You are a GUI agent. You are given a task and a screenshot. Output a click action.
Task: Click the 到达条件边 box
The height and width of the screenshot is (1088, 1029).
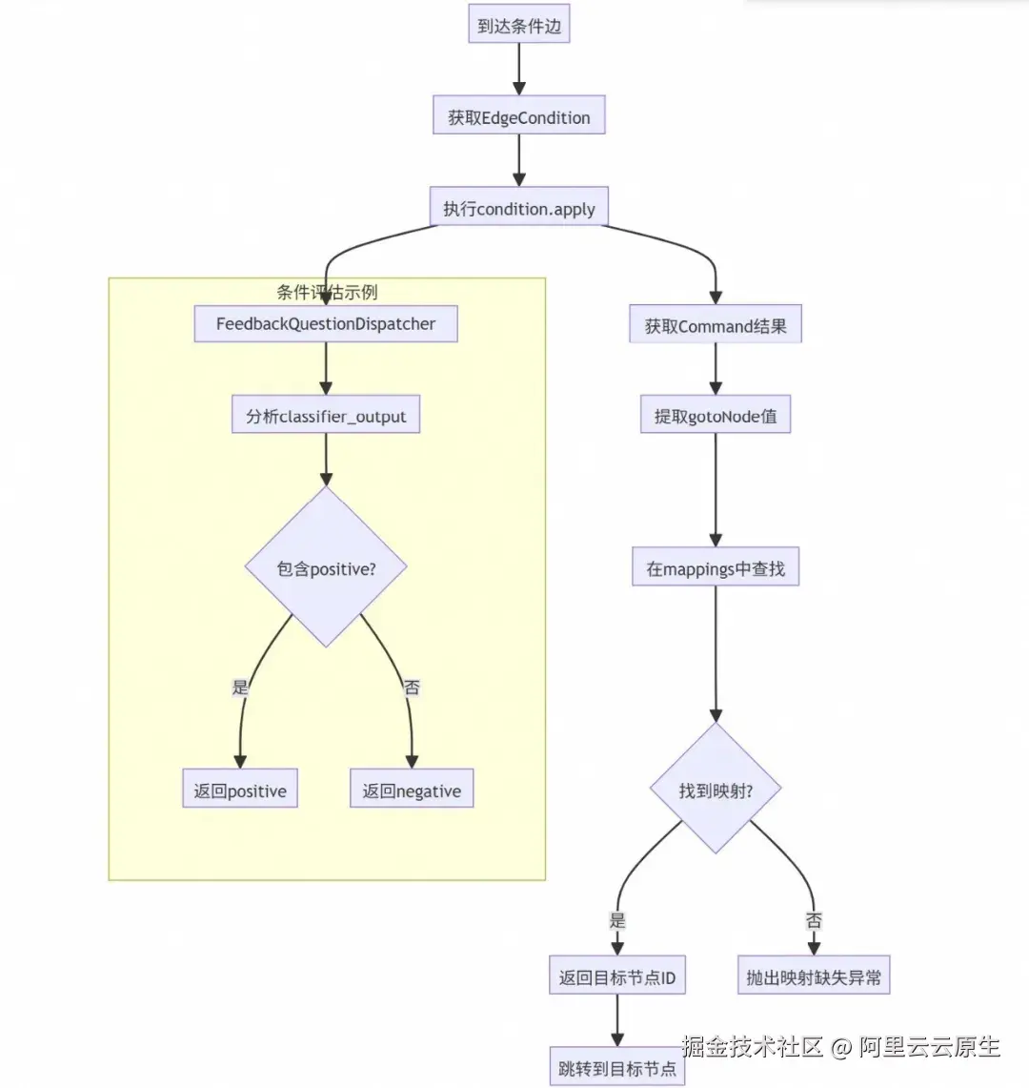click(518, 26)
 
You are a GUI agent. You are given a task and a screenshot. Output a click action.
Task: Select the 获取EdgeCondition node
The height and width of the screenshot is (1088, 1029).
click(518, 117)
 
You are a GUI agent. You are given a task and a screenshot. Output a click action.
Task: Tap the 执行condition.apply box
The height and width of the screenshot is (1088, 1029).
click(518, 208)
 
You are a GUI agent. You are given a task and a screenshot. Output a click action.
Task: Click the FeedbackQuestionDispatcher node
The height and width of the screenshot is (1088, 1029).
click(325, 323)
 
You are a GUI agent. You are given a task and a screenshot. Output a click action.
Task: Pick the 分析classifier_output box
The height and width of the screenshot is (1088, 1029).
click(325, 416)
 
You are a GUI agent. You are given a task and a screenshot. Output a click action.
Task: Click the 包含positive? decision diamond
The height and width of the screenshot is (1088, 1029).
click(326, 568)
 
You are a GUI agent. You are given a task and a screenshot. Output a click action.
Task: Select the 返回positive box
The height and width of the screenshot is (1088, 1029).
click(240, 790)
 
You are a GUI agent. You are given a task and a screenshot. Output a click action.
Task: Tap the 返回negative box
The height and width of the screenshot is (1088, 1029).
click(411, 790)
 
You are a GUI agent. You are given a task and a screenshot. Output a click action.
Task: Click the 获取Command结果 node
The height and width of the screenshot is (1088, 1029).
click(716, 325)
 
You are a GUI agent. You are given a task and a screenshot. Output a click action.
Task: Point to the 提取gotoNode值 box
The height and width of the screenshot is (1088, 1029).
click(715, 416)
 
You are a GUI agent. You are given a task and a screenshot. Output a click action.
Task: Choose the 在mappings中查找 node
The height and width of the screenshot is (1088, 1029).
click(716, 568)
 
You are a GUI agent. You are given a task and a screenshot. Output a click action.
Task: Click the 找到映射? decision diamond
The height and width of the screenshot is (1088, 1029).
click(716, 790)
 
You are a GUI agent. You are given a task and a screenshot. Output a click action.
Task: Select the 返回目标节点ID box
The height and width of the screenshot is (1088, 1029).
click(616, 976)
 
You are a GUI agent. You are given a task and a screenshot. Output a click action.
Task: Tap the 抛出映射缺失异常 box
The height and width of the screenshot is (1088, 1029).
click(814, 976)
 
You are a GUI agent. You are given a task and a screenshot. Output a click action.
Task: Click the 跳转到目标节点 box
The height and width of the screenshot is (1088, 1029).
click(616, 1068)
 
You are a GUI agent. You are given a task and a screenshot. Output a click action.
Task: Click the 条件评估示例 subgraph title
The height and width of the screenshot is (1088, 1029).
click(327, 292)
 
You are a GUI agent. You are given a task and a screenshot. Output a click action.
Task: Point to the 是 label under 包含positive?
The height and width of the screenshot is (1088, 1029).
click(240, 687)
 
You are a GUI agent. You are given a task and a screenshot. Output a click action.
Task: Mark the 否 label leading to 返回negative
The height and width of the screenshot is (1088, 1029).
click(412, 687)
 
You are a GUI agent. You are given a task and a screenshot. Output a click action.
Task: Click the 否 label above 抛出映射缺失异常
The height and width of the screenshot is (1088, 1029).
click(814, 920)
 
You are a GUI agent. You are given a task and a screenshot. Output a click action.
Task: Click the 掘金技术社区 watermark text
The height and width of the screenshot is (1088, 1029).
click(753, 1046)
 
